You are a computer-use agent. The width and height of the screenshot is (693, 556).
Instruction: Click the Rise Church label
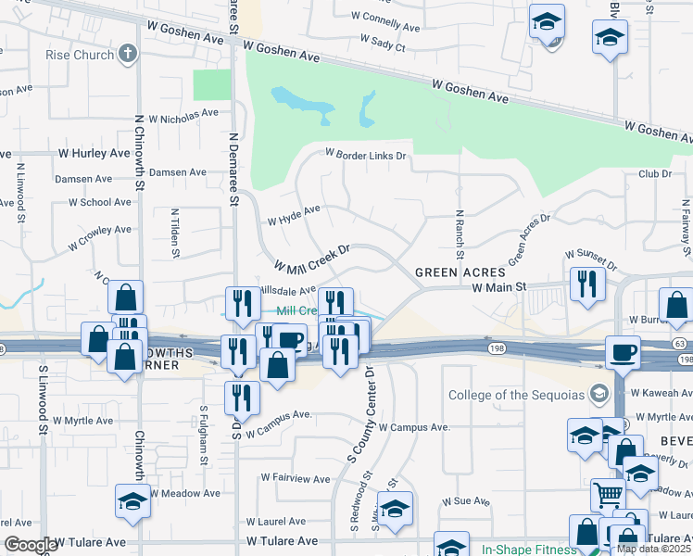point(80,55)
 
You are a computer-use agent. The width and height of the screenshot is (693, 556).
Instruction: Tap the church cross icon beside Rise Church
point(127,54)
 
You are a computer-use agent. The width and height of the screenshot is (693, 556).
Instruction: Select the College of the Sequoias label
point(516,396)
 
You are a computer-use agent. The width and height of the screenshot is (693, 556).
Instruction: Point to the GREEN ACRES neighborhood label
point(460,272)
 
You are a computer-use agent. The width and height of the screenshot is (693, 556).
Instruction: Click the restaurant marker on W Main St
point(587,284)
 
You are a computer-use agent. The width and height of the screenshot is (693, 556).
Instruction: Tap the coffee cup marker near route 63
point(623,352)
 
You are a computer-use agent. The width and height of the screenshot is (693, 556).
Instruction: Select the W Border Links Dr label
point(366,156)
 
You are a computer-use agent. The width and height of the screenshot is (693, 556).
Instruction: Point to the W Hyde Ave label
point(294,215)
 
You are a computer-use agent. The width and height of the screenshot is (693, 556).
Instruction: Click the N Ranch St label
point(459,234)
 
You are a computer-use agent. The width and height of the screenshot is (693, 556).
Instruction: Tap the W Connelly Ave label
point(390,16)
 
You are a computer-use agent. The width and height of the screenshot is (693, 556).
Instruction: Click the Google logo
point(30,545)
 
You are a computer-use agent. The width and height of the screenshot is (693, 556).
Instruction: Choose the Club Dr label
point(654,173)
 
